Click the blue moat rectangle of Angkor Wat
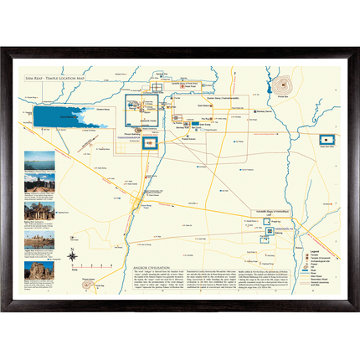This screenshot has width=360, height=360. pyautogui.click(x=152, y=145)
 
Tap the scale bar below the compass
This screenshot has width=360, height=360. pyautogui.click(x=75, y=270)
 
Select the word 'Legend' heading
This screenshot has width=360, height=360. pyautogui.click(x=315, y=249)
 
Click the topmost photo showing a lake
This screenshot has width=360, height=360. pyautogui.click(x=40, y=159)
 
